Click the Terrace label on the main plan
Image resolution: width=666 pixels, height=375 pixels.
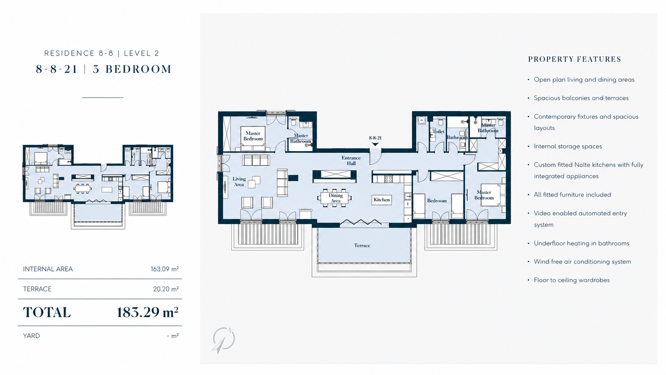pos(362,245)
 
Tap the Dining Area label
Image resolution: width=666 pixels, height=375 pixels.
pos(336,198)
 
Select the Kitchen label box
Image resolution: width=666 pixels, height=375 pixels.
pos(382,200)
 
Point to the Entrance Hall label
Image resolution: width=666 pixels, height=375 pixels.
pos(351,160)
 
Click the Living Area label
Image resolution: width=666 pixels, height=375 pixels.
pos(239,182)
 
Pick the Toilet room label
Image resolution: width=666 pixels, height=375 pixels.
pos(439,131)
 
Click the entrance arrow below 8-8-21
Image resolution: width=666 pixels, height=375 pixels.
pos(375,144)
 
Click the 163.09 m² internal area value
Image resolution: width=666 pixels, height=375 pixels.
pos(165,269)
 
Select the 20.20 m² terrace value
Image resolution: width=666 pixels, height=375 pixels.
pos(166,289)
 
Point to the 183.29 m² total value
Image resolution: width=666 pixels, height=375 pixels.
pos(147,312)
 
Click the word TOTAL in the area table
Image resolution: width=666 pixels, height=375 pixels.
pos(47,312)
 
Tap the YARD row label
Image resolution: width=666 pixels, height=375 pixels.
pos(31,336)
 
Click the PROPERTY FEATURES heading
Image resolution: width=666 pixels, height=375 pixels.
pos(574,59)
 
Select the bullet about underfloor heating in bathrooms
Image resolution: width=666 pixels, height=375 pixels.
pos(582,243)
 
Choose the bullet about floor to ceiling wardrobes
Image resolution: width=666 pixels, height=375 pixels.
pos(572,280)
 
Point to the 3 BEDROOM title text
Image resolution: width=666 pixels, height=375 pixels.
pos(132,69)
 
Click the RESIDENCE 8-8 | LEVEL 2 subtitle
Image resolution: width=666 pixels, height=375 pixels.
pos(102,53)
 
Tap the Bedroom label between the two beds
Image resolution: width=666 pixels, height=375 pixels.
pos(437,201)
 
